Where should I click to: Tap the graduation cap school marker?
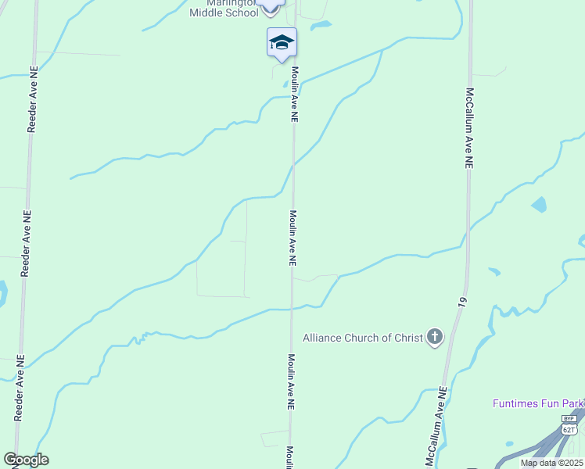pos(282,42)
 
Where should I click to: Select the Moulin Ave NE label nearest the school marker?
pos(295,94)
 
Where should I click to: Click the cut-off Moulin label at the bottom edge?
pos(289,457)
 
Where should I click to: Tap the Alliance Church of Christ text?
pos(362,338)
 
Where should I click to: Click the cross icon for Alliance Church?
pos(435,338)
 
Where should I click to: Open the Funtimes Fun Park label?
pos(538,403)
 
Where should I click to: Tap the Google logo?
pos(26,460)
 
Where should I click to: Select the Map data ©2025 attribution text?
pos(551,463)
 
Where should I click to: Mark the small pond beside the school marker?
pos(321,26)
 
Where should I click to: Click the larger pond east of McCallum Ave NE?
pos(539,205)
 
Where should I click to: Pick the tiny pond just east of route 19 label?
pos(494,272)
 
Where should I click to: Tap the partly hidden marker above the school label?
pos(270,5)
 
